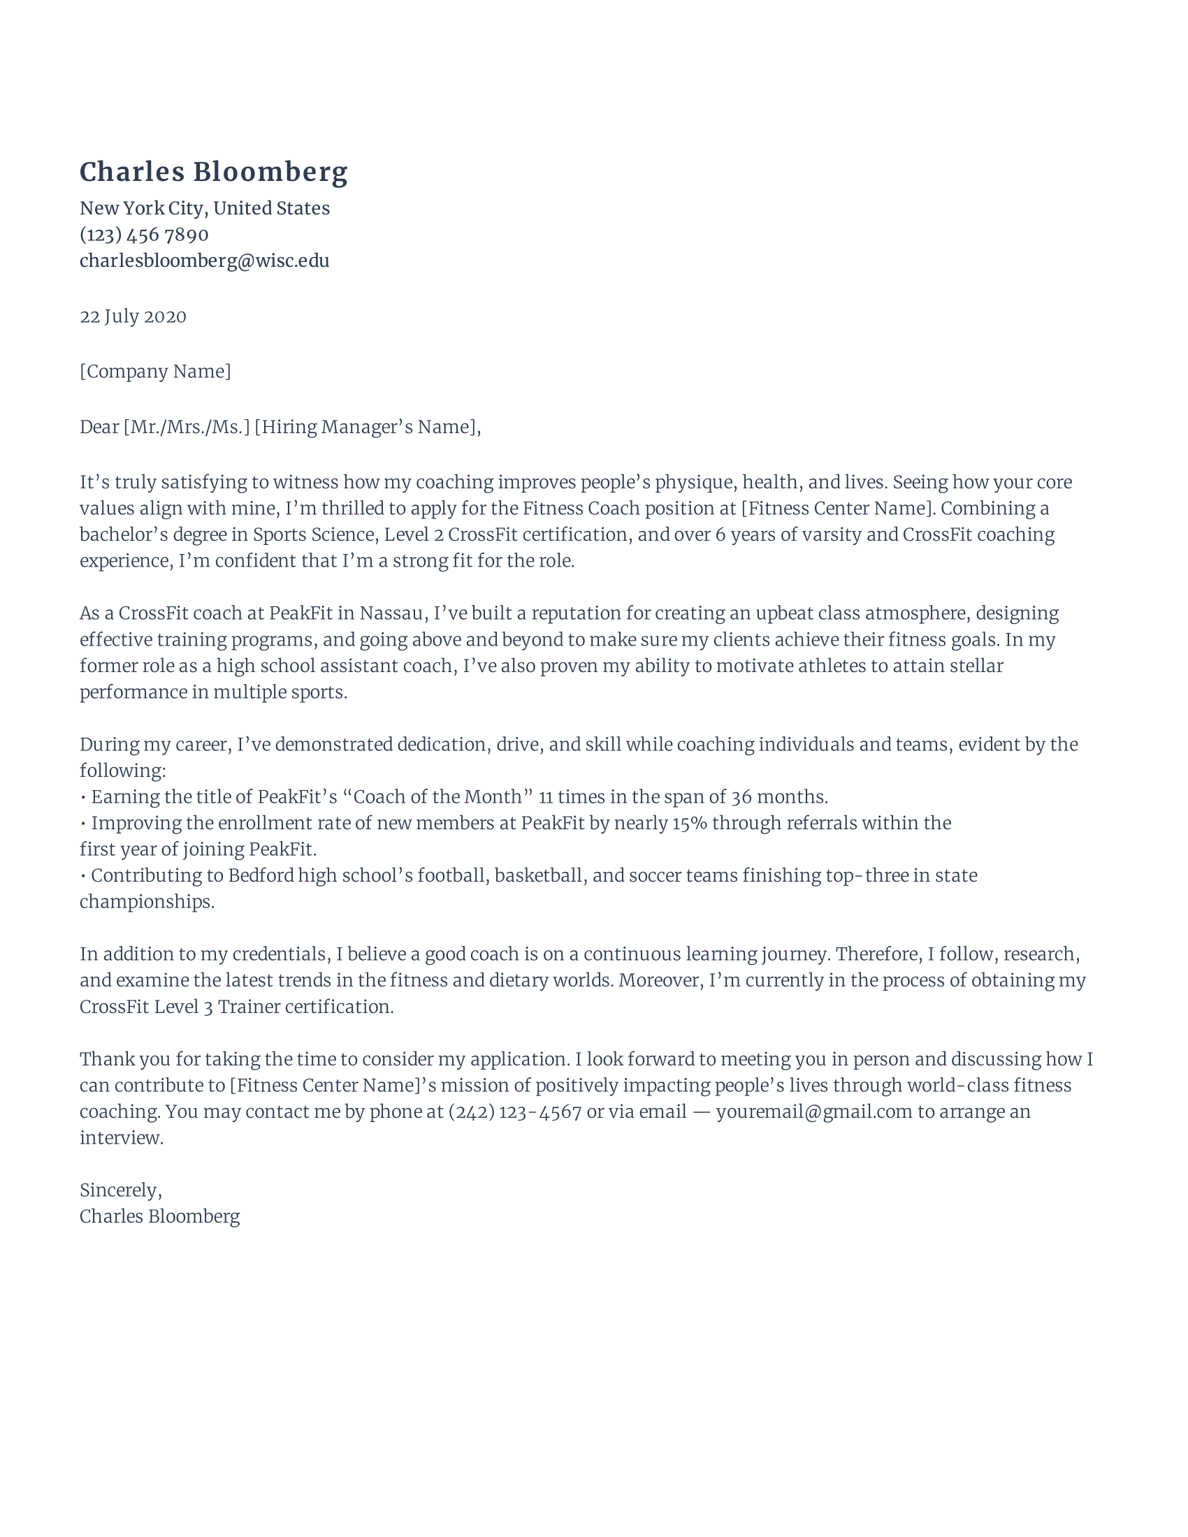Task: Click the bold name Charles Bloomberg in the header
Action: click(213, 173)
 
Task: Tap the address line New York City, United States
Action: click(204, 208)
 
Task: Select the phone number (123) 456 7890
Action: click(143, 234)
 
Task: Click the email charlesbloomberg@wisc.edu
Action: click(204, 261)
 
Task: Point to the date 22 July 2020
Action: click(132, 316)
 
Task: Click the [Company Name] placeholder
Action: click(155, 372)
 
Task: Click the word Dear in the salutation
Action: click(99, 427)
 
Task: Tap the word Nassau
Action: click(391, 613)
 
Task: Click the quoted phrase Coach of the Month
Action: click(437, 797)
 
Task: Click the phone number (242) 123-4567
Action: click(514, 1112)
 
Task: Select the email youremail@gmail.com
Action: click(813, 1112)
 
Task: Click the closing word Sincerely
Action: click(119, 1190)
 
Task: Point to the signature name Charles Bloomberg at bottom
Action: click(160, 1217)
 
